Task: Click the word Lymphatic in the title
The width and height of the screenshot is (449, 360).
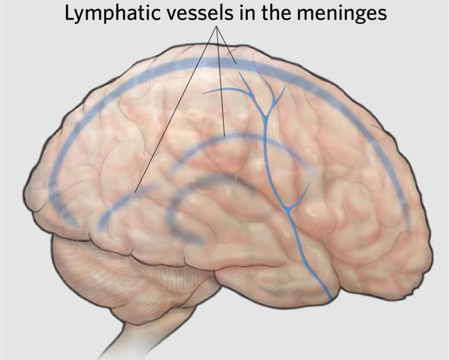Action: pyautogui.click(x=105, y=13)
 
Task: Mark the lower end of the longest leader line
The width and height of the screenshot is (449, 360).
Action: pyautogui.click(x=136, y=192)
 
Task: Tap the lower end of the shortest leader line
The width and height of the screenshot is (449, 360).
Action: pyautogui.click(x=236, y=63)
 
